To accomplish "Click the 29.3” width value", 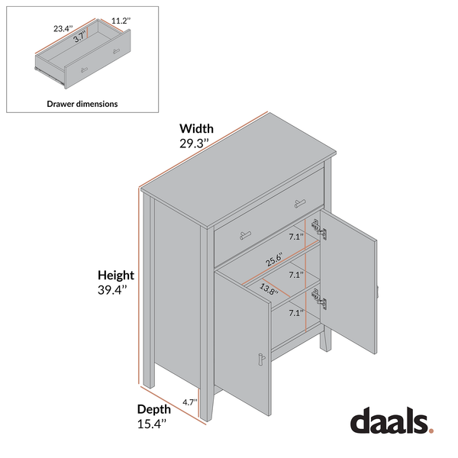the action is pyautogui.click(x=194, y=144).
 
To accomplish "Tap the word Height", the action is pyautogui.click(x=116, y=275).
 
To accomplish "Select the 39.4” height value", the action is pyautogui.click(x=112, y=290).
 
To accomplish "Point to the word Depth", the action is pyautogui.click(x=154, y=409).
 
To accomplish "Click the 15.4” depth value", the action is pyautogui.click(x=152, y=424).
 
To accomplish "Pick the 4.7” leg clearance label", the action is pyautogui.click(x=190, y=402).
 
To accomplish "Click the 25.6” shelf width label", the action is pyautogui.click(x=275, y=260).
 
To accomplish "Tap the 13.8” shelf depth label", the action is pyautogui.click(x=269, y=289).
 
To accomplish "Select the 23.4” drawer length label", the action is pyautogui.click(x=63, y=29).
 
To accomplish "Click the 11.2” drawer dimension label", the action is pyautogui.click(x=121, y=21).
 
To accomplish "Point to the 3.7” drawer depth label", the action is pyautogui.click(x=79, y=37).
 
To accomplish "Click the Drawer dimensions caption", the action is pyautogui.click(x=82, y=104).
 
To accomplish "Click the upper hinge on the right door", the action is pyautogui.click(x=319, y=230).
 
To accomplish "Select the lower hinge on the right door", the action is pyautogui.click(x=319, y=298).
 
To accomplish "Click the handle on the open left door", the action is pyautogui.click(x=261, y=360).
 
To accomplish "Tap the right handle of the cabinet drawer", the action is pyautogui.click(x=300, y=203).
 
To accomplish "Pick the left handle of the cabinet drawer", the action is pyautogui.click(x=246, y=235).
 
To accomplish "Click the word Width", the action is pyautogui.click(x=197, y=128).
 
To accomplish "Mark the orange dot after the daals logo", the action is pyautogui.click(x=431, y=431).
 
